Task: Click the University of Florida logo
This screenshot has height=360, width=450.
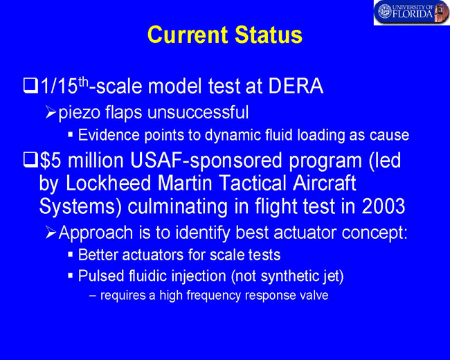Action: [412, 12]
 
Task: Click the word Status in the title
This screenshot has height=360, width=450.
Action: [269, 35]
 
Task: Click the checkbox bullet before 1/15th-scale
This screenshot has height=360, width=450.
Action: [30, 86]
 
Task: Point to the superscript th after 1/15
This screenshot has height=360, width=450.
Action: [84, 82]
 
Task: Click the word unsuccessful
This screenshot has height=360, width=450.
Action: [198, 112]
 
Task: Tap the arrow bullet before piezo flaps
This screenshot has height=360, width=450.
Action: [51, 113]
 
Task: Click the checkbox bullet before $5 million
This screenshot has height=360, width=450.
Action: [30, 160]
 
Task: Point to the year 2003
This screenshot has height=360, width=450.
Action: [383, 206]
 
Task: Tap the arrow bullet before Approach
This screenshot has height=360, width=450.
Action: [51, 233]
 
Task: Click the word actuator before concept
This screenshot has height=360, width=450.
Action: [305, 232]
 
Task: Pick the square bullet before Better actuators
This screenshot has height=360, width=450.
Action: [71, 254]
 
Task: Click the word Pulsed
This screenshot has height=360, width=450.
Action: [101, 276]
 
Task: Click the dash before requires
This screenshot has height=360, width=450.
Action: [92, 296]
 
